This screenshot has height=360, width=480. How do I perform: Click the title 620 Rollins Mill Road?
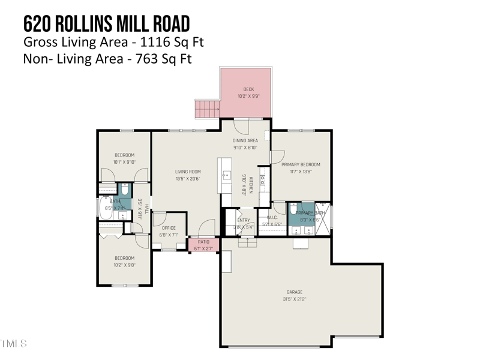pos(106,23)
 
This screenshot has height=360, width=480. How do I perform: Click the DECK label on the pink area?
pos(248,89)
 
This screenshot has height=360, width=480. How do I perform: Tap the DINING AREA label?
pos(245,140)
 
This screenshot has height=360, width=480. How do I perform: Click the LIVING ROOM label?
pos(187,172)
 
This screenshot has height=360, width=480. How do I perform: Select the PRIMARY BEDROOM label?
pos(301,164)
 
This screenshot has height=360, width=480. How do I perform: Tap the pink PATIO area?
pos(203,245)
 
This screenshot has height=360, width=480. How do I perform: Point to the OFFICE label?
pos(168,228)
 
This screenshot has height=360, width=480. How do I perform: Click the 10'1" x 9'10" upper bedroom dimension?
pos(124,162)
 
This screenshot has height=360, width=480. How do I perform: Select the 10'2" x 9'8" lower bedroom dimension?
pos(124,265)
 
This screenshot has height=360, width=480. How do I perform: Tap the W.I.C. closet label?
pos(271,218)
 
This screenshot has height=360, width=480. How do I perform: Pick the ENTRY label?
pos(243,220)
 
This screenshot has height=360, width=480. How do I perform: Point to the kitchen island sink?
pos(226,175)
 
